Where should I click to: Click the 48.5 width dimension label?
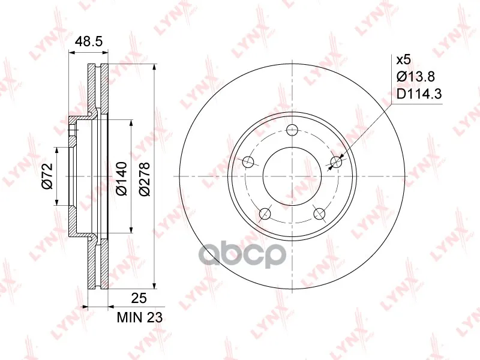tap(88, 41)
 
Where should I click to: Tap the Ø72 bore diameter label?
tap(47, 176)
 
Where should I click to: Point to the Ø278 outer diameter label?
tap(144, 179)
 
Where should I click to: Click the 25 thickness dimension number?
tap(139, 298)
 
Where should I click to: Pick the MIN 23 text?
tap(140, 317)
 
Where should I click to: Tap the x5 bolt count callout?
tap(403, 60)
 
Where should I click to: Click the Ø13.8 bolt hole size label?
tap(416, 77)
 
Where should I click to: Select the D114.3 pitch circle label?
tap(419, 94)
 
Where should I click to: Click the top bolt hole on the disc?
tap(293, 130)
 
